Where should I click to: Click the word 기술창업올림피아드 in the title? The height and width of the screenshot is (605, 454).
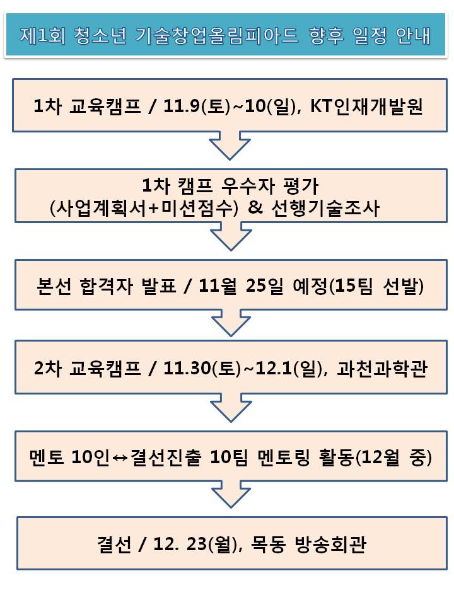click(x=217, y=35)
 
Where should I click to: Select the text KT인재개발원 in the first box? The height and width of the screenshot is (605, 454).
click(x=366, y=106)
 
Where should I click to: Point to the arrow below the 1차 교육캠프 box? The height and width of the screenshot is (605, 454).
click(x=230, y=145)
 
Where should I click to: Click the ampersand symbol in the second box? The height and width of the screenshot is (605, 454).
click(x=255, y=207)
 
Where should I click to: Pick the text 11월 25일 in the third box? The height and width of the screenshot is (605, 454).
click(x=241, y=286)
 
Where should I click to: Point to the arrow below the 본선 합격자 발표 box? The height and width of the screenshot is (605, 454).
click(x=231, y=323)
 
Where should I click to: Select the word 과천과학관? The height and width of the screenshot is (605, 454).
click(x=382, y=369)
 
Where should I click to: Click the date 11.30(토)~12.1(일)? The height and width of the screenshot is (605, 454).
click(x=247, y=369)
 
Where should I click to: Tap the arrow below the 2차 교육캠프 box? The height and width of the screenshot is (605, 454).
click(x=231, y=408)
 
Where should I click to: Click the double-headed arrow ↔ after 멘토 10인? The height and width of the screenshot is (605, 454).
click(x=120, y=458)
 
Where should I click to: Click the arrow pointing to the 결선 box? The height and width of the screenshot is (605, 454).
click(x=231, y=494)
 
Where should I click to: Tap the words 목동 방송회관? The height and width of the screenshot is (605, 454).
click(x=308, y=544)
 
